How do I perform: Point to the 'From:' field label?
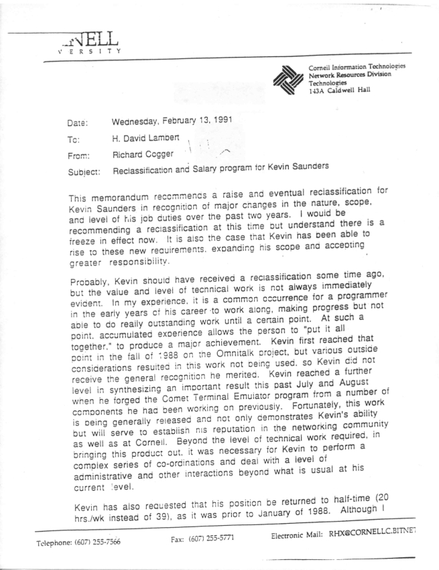(x=79, y=154)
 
